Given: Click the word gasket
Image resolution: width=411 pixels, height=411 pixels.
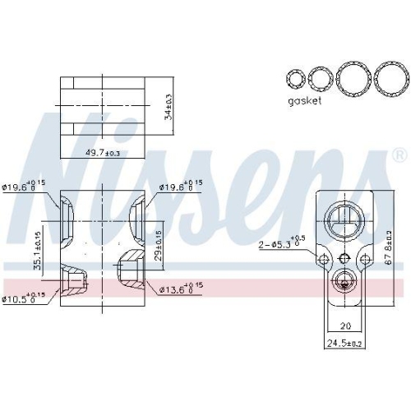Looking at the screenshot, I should (x=304, y=101).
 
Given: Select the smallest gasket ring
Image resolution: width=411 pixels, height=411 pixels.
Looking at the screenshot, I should (x=294, y=79).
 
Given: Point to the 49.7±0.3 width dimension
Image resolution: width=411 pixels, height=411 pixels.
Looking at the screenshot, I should (x=103, y=153).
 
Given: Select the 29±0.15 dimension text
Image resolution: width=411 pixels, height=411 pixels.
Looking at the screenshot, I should (x=159, y=244).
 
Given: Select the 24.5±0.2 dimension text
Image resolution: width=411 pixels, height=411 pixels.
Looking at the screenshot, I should (x=345, y=343).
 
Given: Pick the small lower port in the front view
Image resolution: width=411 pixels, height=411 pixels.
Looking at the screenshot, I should (x=344, y=282).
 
